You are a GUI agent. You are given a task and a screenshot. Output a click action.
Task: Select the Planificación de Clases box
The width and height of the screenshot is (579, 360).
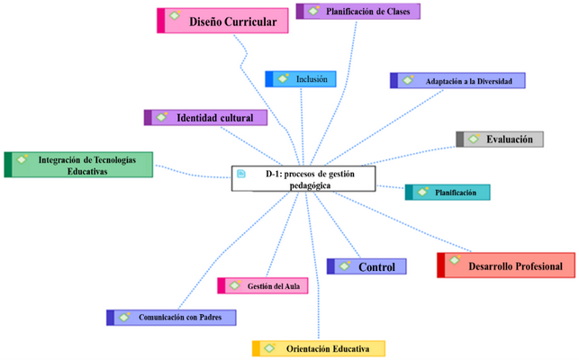[x=358, y=11]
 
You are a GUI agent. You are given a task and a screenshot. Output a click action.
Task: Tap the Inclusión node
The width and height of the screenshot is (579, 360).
[x=302, y=79]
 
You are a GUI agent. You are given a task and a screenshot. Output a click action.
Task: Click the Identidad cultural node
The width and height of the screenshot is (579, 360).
[x=206, y=118]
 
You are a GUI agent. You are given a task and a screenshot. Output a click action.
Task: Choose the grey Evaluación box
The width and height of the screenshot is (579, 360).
[x=501, y=139]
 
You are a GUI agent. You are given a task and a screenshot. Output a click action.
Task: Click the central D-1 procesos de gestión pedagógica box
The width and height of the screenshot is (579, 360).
[x=303, y=178]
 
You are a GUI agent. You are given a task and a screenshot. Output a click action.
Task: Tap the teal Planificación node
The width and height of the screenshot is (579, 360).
[x=448, y=192]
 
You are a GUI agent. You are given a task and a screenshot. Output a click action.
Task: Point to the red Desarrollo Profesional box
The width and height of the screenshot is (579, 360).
[x=506, y=265]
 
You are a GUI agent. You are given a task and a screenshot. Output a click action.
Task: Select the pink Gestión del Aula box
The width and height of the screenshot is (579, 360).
[x=265, y=286]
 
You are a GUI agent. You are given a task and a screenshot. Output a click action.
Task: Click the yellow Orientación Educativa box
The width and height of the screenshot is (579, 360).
[x=319, y=347]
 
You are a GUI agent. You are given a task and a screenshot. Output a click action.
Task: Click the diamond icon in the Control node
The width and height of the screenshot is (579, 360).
[x=343, y=265]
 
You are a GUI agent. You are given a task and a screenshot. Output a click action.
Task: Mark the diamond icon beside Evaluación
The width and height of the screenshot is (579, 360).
[x=473, y=139]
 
